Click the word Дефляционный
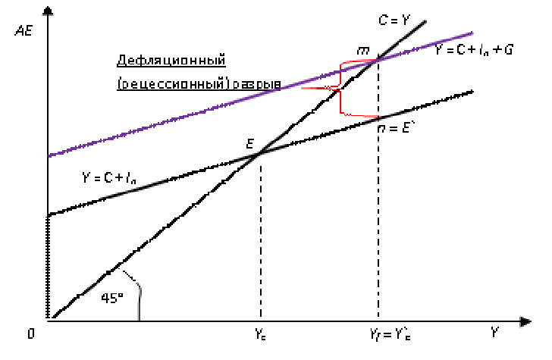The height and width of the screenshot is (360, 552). tap(171, 60)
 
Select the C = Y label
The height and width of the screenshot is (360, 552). tap(395, 20)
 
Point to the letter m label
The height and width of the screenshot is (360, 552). tap(363, 51)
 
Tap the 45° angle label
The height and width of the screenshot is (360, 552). tap(111, 298)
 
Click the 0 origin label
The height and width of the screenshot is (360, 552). tap(31, 333)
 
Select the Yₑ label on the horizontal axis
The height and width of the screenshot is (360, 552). tap(260, 333)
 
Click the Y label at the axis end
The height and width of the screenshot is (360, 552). tap(494, 333)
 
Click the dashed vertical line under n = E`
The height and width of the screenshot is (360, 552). tap(378, 140)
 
